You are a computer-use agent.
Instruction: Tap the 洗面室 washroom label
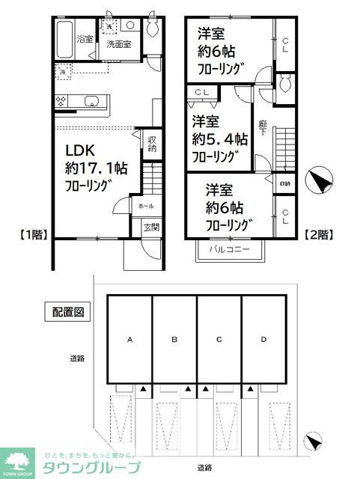[118, 43]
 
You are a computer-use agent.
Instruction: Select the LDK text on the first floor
[79, 149]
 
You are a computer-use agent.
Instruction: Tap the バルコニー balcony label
[230, 248]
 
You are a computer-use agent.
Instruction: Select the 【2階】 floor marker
[320, 234]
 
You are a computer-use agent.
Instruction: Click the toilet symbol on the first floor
[152, 28]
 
